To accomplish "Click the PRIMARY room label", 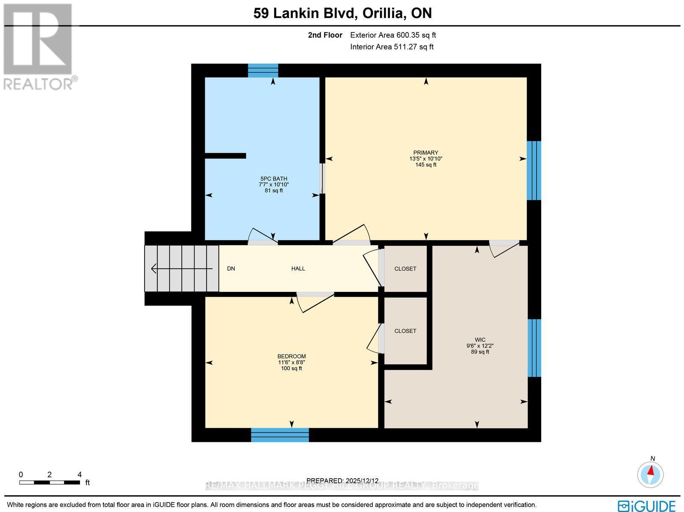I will pos(425,153).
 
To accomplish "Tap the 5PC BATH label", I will pos(274,179).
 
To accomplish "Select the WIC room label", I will pos(480,340).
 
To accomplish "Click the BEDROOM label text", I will pos(292,356).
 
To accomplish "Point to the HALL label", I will pos(298,269).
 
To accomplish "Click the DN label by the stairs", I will pos(231,269).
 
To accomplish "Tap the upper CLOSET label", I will pos(405,269).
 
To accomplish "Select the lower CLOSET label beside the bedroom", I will pos(405,331).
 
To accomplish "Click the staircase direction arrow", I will pos(181,269).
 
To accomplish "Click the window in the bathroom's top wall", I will pos(263,71).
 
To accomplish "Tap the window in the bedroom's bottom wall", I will pos(280,435).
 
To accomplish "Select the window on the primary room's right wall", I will pos(534,171).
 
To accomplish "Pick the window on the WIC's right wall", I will pos(534,348).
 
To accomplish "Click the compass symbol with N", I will pos(650,474).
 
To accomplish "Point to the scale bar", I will pos(50,483).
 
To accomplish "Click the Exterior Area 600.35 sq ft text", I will pos(393,35).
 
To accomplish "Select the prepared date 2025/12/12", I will pos(342,480).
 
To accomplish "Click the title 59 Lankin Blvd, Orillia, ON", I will pos(342,13).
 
